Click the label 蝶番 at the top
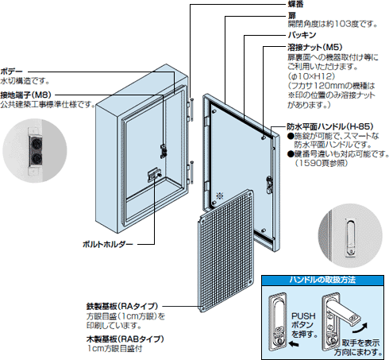click(295, 5)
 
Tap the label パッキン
click(302, 37)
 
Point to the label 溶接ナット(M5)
click(314, 48)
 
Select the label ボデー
click(12, 71)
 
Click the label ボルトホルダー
click(108, 244)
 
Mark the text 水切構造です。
click(25, 81)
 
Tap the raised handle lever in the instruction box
click(346, 306)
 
